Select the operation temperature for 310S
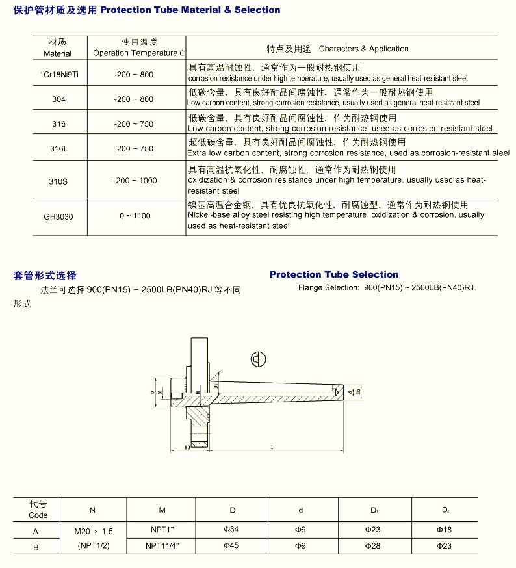[135, 181]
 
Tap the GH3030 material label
[58, 216]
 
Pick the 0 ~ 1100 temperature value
[135, 216]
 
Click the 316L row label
[58, 149]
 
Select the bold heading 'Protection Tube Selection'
[334, 274]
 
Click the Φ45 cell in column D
[232, 546]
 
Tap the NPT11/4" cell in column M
[162, 546]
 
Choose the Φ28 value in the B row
[372, 546]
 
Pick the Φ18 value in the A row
[444, 530]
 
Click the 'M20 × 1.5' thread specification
[94, 531]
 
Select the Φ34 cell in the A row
[232, 530]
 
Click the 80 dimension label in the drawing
[187, 448]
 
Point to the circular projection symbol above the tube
[257, 359]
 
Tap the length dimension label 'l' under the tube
[271, 447]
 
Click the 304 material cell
[58, 99]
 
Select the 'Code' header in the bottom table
[38, 515]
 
